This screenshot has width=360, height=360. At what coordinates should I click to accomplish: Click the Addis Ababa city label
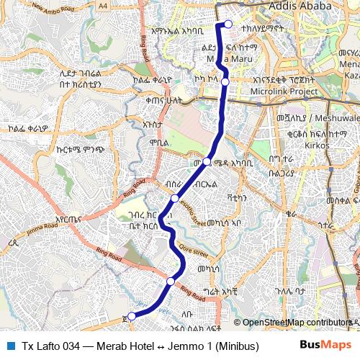tap(297, 6)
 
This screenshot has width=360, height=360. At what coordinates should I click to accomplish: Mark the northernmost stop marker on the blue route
tap(228, 24)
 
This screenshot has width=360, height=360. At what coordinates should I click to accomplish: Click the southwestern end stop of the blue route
tap(131, 315)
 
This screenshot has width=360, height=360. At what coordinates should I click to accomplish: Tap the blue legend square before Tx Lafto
tap(10, 345)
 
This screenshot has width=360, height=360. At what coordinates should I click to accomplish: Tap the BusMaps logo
tap(325, 344)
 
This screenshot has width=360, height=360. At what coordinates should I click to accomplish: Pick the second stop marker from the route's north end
tap(225, 82)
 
